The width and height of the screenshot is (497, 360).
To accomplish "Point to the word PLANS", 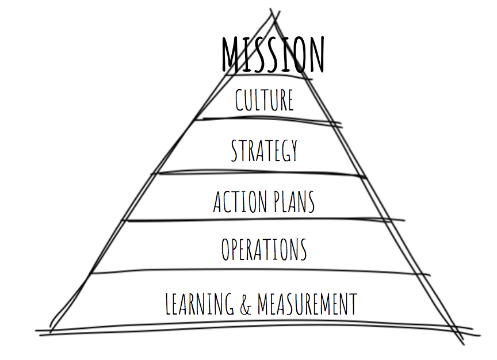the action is [293, 202].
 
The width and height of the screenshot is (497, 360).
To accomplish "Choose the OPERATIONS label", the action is [264, 249].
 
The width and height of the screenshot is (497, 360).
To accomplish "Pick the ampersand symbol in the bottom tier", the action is [245, 304].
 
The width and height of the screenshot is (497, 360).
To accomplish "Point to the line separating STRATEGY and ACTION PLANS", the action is [259, 173].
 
